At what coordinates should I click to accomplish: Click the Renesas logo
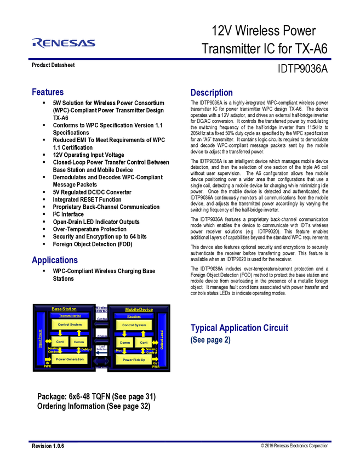pos(64,43)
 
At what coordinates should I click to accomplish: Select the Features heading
pos(48,92)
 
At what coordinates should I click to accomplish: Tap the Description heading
pos(212,93)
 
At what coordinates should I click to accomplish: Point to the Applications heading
pos(54,260)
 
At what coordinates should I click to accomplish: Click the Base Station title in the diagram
pos(64,309)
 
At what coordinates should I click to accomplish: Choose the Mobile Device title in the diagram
pos(139,310)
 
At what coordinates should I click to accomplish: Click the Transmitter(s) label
pos(70,316)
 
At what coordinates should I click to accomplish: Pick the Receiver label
pos(134,316)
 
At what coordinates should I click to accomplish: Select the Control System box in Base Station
pos(70,325)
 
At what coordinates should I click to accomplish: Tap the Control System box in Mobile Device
pos(134,325)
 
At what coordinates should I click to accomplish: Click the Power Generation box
pos(70,359)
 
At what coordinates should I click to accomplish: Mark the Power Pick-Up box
pos(134,360)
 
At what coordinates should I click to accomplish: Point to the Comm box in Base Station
pos(78,342)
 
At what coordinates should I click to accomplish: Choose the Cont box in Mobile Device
pos(144,343)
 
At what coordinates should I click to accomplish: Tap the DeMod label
pos(86,349)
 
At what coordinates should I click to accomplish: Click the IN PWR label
pos(47,365)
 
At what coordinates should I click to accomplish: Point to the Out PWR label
pos(156,365)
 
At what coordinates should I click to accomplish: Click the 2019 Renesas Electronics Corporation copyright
pos(294,446)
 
